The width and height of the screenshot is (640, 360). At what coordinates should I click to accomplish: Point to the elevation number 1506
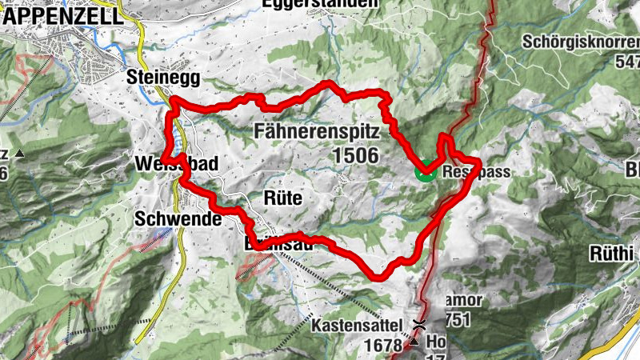coord(352,155)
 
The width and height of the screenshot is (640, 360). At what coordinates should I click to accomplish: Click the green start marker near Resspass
coord(424,171)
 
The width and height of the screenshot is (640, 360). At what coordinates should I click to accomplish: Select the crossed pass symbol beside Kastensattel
coord(419,325)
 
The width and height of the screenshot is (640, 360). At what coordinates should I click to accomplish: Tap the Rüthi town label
coord(613,254)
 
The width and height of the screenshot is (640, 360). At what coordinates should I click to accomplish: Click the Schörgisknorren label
coord(580,41)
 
